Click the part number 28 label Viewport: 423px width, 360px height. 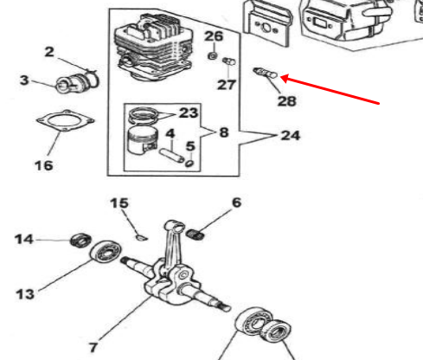pos(286,100)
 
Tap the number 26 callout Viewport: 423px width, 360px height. pos(214,36)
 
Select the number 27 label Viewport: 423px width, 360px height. pos(227,85)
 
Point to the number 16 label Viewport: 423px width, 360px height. pos(44,165)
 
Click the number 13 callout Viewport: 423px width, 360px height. pos(25,294)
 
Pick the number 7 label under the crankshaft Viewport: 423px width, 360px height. pos(93,347)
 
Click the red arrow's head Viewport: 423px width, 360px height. pos(285,78)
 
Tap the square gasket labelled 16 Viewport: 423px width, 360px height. pos(65,121)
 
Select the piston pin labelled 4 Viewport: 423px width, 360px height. pos(171,155)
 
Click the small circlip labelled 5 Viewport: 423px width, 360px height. pos(189,164)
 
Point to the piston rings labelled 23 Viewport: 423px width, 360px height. pos(144,116)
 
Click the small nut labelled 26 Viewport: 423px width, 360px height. pos(213,55)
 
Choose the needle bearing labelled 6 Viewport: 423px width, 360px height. pos(195,234)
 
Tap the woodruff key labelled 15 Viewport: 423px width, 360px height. pos(142,238)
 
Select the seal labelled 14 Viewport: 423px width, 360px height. pos(80,241)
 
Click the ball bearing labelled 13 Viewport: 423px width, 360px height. pos(106,252)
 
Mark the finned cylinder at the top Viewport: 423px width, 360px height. pos(154,48)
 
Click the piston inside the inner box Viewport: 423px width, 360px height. pos(143,140)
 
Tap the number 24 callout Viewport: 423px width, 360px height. pos(291,135)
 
